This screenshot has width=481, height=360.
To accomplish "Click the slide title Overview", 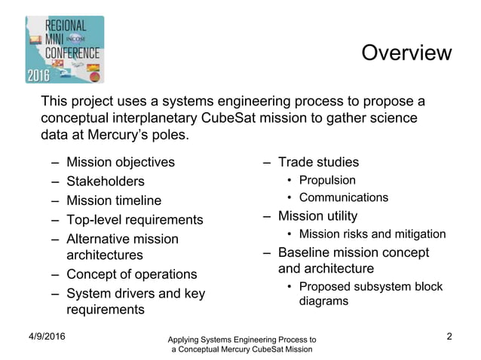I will [x=406, y=53].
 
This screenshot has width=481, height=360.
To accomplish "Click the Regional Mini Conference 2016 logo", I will [x=65, y=49].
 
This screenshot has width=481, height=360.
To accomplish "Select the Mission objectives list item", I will [x=121, y=162].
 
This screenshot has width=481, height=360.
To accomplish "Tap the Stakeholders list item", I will [x=105, y=182].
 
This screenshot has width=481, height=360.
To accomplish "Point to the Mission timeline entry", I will [x=114, y=201].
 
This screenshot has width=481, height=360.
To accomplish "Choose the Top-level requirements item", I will [x=135, y=220].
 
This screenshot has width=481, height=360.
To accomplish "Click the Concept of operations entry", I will [x=132, y=274].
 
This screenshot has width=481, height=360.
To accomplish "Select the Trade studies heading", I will [x=318, y=162].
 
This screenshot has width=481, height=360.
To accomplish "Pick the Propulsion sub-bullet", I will [x=327, y=180].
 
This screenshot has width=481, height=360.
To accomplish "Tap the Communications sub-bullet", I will [x=344, y=198].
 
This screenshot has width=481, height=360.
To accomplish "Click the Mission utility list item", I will [x=317, y=217].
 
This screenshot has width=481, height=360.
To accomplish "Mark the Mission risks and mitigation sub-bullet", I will [x=372, y=234].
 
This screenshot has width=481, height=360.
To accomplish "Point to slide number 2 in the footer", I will [x=449, y=336].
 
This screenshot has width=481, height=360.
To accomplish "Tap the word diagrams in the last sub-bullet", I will [x=323, y=301].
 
